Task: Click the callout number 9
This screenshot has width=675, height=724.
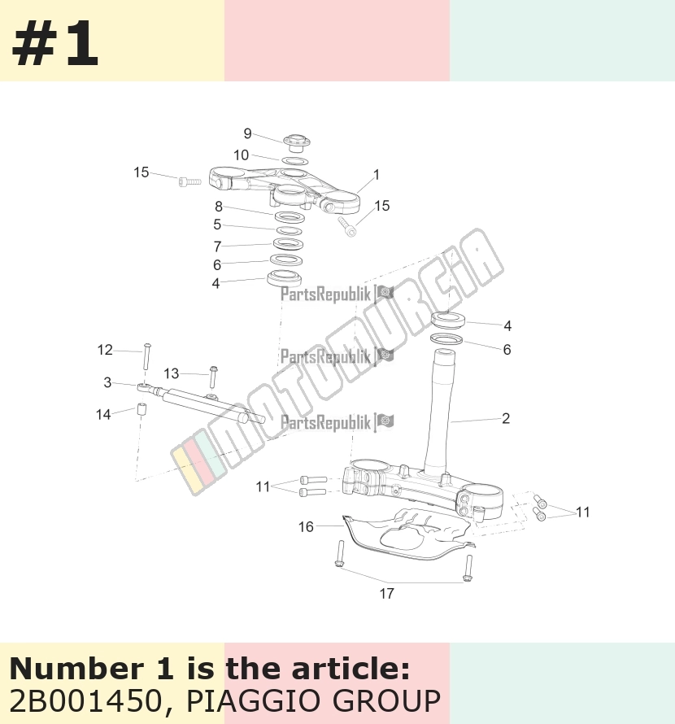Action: tap(247, 134)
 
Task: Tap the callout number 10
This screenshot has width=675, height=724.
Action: tap(241, 155)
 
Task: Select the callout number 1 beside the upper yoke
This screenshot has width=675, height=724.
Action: tap(377, 175)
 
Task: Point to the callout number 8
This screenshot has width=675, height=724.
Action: tap(219, 207)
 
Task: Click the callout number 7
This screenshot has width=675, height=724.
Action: tap(217, 246)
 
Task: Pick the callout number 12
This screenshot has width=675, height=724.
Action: tap(105, 350)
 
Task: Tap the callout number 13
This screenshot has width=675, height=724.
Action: tap(172, 373)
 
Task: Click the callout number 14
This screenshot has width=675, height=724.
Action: tap(103, 415)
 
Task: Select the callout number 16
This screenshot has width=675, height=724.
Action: tap(306, 527)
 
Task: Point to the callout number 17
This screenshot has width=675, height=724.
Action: tap(387, 594)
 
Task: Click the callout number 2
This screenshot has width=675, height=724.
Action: tap(506, 419)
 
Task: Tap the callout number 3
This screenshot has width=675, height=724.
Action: tap(107, 382)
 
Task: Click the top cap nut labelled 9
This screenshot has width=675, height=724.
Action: tap(296, 142)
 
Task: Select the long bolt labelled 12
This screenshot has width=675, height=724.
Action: tap(147, 356)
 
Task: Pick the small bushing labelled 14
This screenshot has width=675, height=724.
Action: tap(142, 409)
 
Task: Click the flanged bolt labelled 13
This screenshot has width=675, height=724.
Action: tap(213, 377)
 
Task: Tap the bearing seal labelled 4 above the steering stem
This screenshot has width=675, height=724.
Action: tap(447, 320)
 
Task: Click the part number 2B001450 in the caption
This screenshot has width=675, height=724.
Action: tap(86, 701)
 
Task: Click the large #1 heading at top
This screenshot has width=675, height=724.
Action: tap(55, 44)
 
